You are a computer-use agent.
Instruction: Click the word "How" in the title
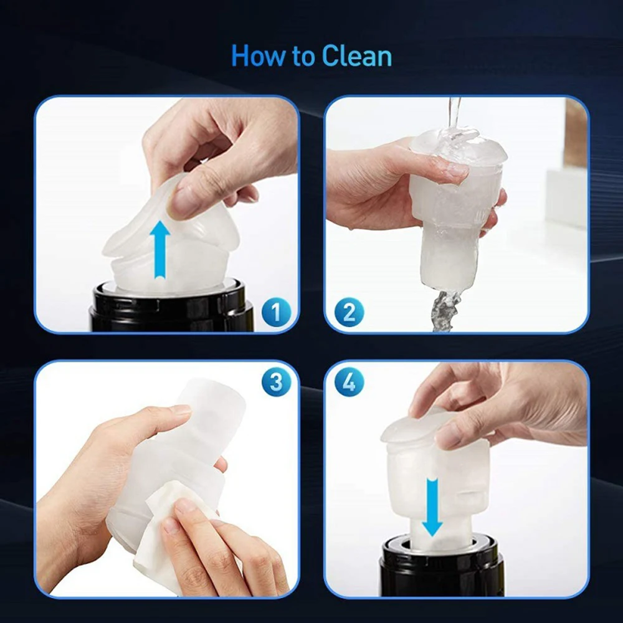click(x=258, y=55)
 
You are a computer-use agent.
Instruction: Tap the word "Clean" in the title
click(x=357, y=55)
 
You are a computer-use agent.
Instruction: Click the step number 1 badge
click(x=276, y=312)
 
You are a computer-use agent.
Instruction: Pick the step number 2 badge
click(x=350, y=312)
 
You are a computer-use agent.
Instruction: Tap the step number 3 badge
click(x=276, y=382)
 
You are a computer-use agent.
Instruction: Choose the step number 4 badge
click(x=350, y=382)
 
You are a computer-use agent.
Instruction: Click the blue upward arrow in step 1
click(x=159, y=250)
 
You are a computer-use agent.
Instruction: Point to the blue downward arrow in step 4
click(x=432, y=507)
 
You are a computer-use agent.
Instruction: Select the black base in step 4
click(x=441, y=566)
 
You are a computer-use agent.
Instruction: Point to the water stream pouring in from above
click(x=454, y=119)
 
